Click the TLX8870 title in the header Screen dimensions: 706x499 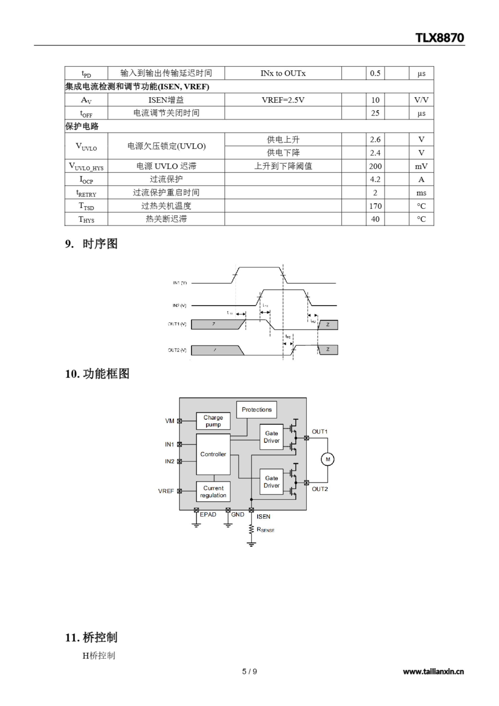point(439,38)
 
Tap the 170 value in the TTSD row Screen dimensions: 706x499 point(375,206)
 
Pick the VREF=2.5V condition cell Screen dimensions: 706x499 point(283,100)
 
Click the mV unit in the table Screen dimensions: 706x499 point(421,166)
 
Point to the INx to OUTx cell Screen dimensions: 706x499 point(283,73)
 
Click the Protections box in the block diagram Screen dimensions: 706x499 point(257,410)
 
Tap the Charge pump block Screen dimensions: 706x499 point(213,421)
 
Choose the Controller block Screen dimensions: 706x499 point(213,454)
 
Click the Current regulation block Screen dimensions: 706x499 point(213,492)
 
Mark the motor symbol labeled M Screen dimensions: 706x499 point(328,459)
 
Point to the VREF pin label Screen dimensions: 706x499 point(166,491)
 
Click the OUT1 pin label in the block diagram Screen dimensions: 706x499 point(320,432)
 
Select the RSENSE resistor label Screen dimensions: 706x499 point(265,530)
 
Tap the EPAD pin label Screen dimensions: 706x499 point(208,515)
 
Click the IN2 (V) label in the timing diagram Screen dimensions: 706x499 point(179,306)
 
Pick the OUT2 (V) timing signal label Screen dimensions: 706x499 point(177,350)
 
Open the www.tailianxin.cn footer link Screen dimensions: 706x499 point(433,672)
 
